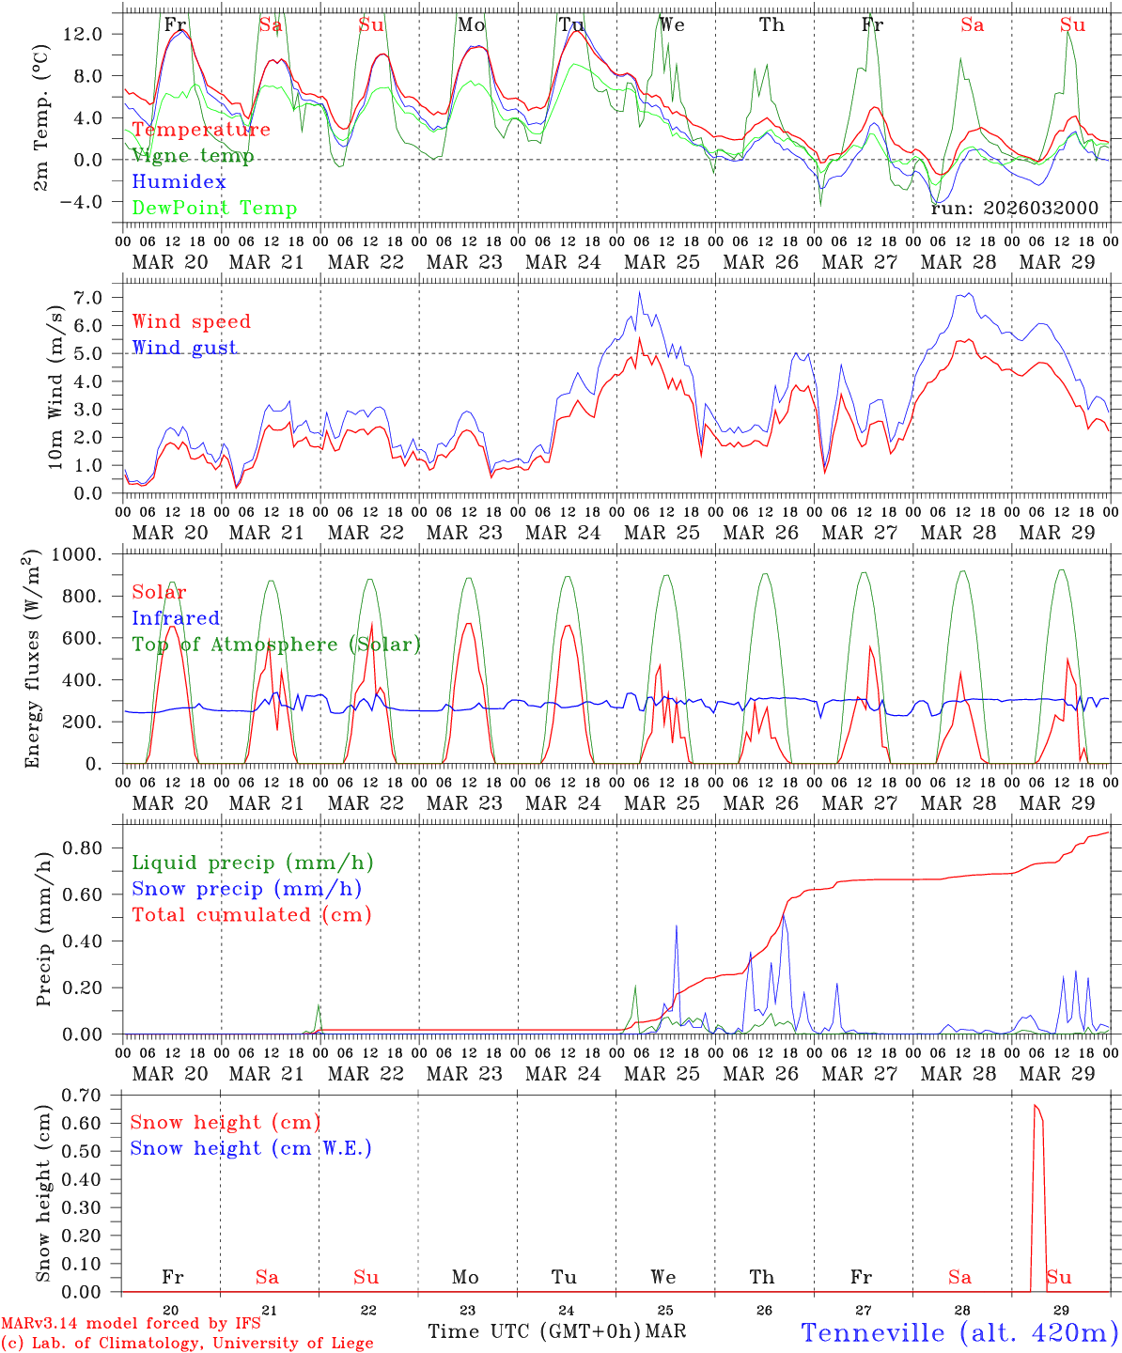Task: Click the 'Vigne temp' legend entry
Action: pos(193,156)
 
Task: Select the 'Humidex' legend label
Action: pos(179,182)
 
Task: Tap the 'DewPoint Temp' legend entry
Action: pos(214,209)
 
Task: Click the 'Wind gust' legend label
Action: pos(184,348)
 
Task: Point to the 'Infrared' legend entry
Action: pos(176,618)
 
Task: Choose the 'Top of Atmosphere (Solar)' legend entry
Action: pos(275,645)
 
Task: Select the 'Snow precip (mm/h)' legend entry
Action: pos(246,889)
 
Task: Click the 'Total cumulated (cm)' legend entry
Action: pos(251,914)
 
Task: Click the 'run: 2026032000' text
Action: pos(1014,209)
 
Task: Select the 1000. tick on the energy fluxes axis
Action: pos(90,554)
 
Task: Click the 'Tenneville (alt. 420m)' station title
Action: pos(958,1332)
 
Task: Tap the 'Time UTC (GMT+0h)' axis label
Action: pos(535,1331)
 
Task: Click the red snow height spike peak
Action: pos(1035,1106)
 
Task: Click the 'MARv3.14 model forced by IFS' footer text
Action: pos(131,1324)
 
